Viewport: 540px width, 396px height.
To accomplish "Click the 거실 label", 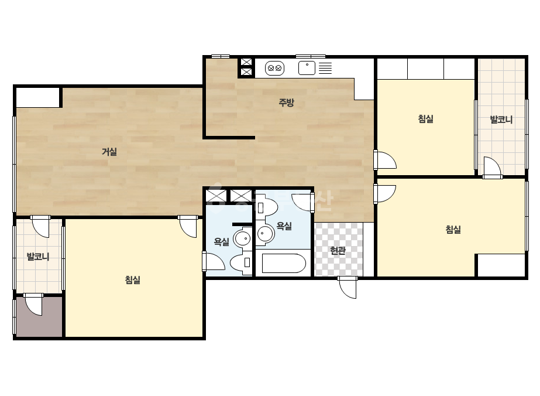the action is pos(109,152).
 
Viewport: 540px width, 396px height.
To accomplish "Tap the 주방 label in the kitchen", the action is pos(286,103).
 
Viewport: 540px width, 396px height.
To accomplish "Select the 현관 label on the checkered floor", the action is pos(338,251).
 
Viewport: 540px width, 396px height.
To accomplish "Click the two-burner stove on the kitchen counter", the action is pos(274,68).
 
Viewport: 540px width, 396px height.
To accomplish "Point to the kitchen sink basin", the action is pos(307,68).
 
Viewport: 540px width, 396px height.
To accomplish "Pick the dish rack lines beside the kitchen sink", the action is pos(325,68).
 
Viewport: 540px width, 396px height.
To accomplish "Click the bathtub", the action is pos(284,264).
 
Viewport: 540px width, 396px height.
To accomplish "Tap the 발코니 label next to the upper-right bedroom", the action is pos(501,120).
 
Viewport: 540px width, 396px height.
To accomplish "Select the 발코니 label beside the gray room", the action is pos(38,257).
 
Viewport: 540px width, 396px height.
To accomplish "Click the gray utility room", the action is pos(39,316).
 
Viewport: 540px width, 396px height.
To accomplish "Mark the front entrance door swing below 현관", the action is pos(348,288).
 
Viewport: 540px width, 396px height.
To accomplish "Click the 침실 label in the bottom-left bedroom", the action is pos(133,279).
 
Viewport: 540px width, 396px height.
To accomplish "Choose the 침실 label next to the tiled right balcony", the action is pos(426,119).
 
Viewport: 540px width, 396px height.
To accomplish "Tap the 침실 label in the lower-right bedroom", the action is pos(453,230).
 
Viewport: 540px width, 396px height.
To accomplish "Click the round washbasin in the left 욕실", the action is pos(243,238).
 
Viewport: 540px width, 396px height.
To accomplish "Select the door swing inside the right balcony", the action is pos(492,168).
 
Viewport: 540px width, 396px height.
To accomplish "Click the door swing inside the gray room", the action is pos(33,304).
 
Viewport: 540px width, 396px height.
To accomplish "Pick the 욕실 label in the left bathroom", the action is pos(221,241).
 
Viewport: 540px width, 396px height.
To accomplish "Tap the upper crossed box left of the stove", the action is pos(246,62).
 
